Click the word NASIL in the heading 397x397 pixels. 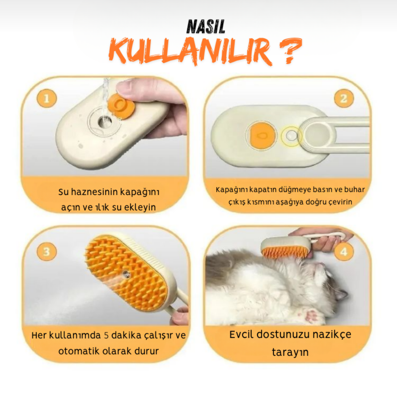pyautogui.click(x=206, y=27)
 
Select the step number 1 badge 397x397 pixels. pyautogui.click(x=47, y=98)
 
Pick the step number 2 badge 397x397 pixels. pyautogui.click(x=344, y=98)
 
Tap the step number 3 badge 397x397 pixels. pyautogui.click(x=47, y=251)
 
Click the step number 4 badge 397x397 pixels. pyautogui.click(x=344, y=252)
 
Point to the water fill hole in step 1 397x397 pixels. pyautogui.click(x=105, y=121)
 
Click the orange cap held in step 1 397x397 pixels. pyautogui.click(x=121, y=106)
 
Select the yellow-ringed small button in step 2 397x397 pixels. pyautogui.click(x=291, y=135)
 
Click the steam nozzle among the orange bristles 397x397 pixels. pyautogui.click(x=126, y=273)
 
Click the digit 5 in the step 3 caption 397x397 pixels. pyautogui.click(x=106, y=335)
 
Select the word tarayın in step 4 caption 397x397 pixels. pyautogui.click(x=290, y=352)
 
